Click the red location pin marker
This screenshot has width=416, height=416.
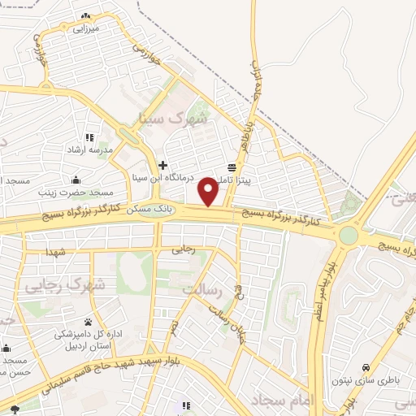209,191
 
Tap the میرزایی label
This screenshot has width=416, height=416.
85,28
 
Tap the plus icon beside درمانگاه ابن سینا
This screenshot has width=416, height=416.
162,165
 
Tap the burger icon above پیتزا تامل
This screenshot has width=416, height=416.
232,166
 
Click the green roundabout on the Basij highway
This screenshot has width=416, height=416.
349,235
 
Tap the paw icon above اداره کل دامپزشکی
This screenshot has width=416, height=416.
87,322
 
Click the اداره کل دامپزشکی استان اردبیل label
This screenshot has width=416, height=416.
87,340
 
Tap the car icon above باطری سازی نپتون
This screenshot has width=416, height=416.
366,367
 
